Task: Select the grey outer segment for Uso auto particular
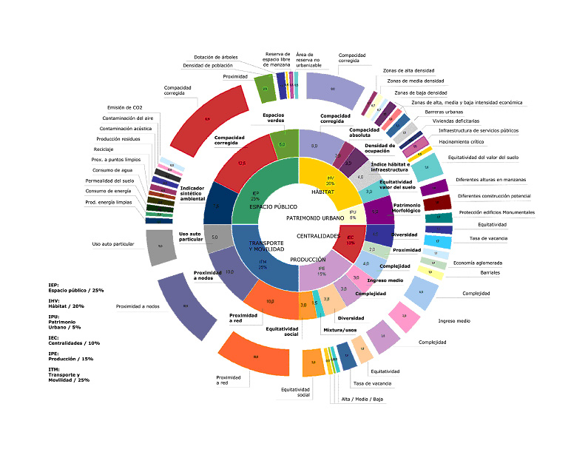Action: pyautogui.click(x=160, y=245)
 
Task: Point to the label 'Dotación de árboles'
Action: pyautogui.click(x=215, y=57)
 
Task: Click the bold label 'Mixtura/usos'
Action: pyautogui.click(x=341, y=329)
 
